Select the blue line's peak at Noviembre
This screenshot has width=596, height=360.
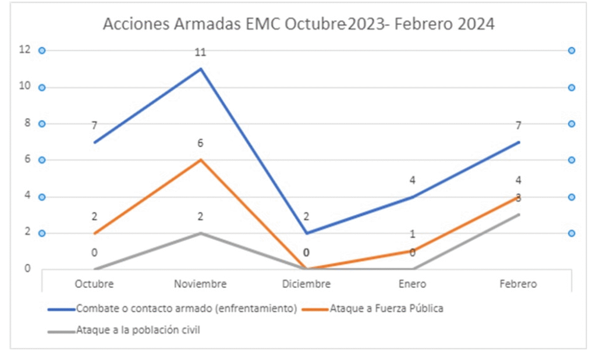pos(201,69)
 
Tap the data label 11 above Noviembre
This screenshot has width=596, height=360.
pos(201,52)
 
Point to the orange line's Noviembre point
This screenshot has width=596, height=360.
pos(201,159)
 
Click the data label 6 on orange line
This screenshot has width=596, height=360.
pos(201,144)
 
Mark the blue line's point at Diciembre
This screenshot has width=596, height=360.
pos(306,233)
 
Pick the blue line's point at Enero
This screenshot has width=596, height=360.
pos(412,197)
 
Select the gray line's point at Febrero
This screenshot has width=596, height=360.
pos(518,215)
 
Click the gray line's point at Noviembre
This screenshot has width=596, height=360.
pos(201,233)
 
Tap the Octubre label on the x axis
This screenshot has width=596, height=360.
pos(94,284)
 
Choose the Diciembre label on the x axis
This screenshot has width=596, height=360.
pos(306,284)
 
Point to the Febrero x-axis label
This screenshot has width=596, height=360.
pos(518,284)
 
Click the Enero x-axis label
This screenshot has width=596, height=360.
pos(412,284)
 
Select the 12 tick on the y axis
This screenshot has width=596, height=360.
pos(24,51)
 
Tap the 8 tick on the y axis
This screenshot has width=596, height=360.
pos(26,123)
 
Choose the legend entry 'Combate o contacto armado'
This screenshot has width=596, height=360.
pos(186,309)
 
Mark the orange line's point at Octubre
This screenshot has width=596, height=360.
pos(94,233)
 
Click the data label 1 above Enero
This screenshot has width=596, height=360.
pos(412,234)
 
